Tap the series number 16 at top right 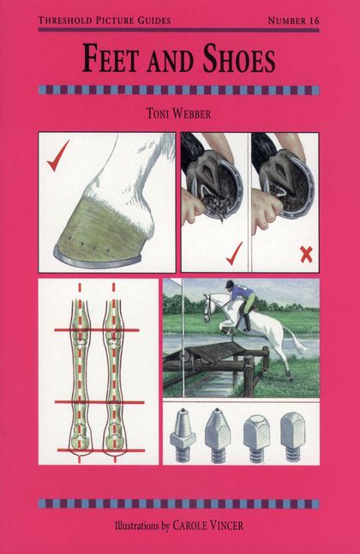point(314,21)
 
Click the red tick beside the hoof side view point(57,155)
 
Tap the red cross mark point(306,255)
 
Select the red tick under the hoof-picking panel point(234,253)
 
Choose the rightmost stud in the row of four point(292,437)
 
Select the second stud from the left point(218,436)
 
